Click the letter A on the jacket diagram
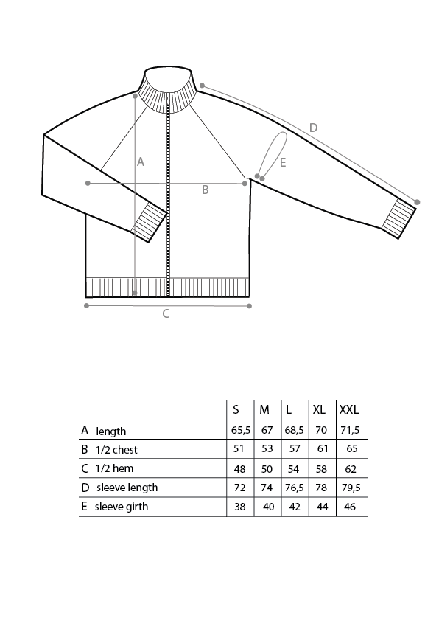point(141,162)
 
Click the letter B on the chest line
point(205,190)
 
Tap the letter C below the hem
point(166,313)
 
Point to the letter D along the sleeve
point(313,128)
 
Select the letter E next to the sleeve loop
point(283,163)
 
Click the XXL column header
point(349,409)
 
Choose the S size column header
point(236,409)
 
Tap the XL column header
point(319,409)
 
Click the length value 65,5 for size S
point(240,430)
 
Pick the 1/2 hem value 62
point(351,469)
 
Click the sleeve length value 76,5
point(294,488)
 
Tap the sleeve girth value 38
point(239,507)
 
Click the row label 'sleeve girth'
point(122,507)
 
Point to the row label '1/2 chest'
point(116,450)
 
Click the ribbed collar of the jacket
point(168,93)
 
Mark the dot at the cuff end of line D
point(417,202)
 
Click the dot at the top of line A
point(136,96)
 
